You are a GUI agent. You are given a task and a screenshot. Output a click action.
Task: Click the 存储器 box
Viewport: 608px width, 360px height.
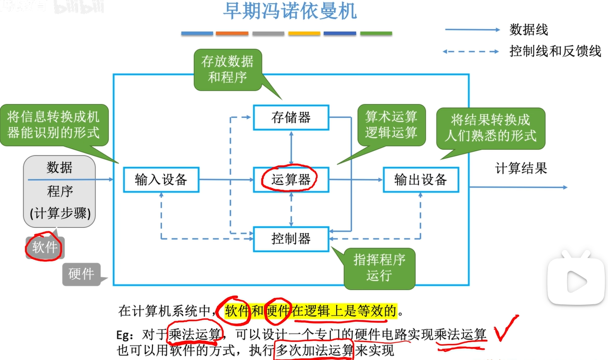coord(291,117)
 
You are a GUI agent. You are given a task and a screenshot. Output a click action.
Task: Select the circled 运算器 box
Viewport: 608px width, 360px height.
coord(291,179)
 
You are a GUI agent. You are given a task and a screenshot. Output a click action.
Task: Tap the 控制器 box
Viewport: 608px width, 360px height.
coord(291,239)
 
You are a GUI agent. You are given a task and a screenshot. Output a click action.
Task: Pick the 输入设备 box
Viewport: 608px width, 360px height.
coord(161,179)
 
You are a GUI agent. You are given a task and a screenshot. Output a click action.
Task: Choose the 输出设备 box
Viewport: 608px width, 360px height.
coord(421,179)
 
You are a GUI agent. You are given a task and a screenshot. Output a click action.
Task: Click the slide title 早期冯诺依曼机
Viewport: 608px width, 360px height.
coord(289,12)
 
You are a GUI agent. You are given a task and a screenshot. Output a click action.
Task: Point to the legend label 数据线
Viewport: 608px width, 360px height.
coord(528,30)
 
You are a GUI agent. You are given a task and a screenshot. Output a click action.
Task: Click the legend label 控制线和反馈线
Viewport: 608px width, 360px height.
coord(555,51)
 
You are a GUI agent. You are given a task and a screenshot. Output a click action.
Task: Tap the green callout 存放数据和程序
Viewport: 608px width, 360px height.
coord(227,69)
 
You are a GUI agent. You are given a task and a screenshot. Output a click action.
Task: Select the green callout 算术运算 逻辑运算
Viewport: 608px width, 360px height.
coord(391,125)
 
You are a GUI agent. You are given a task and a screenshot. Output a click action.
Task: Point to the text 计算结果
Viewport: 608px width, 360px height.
coord(521,168)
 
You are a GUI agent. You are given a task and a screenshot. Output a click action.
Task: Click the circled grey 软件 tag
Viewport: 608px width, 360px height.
coord(45,247)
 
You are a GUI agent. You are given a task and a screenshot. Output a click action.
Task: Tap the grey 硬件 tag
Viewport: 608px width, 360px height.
coord(81,274)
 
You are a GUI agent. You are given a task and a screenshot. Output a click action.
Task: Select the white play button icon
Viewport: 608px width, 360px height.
coord(576,279)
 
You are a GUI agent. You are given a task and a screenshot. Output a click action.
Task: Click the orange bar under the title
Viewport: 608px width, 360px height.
coord(232,33)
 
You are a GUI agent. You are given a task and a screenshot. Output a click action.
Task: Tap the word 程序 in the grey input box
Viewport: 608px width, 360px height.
coord(60,191)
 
